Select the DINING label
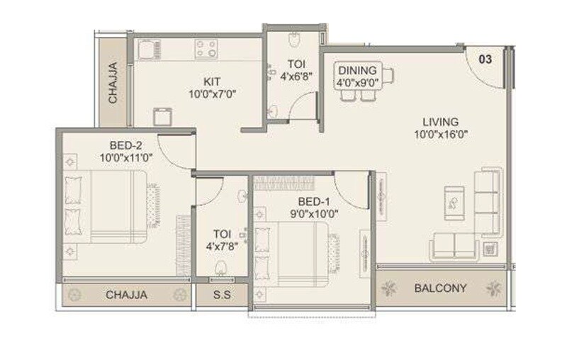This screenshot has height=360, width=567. (358, 70)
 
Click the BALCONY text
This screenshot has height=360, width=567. (440, 288)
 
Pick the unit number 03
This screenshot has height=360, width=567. (485, 60)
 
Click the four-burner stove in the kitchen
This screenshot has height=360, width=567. (206, 49)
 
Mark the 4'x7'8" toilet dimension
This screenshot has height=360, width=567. (221, 247)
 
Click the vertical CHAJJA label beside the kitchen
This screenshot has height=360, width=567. (113, 84)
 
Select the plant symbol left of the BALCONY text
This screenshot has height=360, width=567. (389, 288)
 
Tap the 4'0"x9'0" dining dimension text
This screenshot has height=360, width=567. (358, 82)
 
